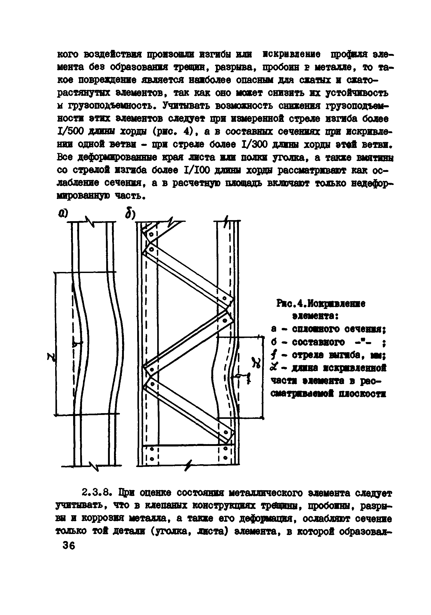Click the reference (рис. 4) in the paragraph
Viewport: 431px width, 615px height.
(x=172, y=131)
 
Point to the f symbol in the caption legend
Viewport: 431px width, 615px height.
(x=273, y=356)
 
